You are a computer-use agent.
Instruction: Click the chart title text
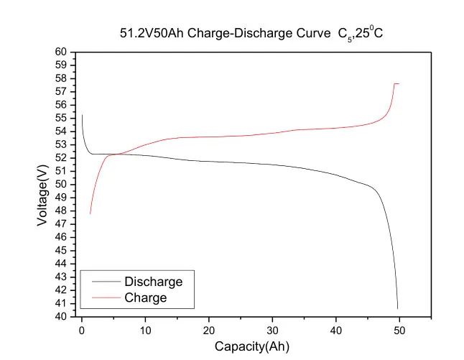[248, 33]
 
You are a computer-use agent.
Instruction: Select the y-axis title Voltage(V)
[42, 184]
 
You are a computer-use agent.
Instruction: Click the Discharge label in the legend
[153, 282]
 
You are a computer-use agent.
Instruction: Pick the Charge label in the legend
[145, 297]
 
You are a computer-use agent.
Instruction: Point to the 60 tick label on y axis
[61, 52]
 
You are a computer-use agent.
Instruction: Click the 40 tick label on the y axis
[61, 317]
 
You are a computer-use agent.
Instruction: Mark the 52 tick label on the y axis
[61, 158]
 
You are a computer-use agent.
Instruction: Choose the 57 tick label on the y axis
[61, 92]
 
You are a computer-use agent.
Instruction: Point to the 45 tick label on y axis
[61, 251]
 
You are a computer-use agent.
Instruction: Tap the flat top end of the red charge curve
[397, 84]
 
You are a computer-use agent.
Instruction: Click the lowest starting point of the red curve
[90, 213]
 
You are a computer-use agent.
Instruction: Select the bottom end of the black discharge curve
[397, 308]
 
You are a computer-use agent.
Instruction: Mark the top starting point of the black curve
[82, 115]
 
